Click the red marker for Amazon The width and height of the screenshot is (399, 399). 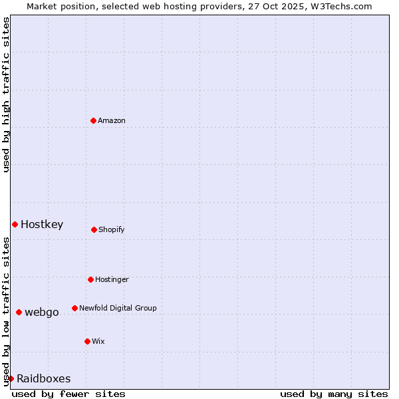click(93, 120)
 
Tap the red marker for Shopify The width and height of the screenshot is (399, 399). click(94, 229)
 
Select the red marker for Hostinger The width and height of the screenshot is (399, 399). click(90, 279)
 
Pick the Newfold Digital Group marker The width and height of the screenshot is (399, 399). click(74, 308)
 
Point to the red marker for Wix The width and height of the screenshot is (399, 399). click(87, 341)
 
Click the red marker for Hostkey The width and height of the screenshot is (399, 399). click(15, 224)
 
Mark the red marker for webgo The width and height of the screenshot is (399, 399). click(19, 312)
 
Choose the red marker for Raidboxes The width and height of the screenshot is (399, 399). click(11, 378)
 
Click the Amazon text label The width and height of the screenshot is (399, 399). click(112, 120)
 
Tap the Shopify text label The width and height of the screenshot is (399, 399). click(112, 229)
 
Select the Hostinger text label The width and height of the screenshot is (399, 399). click(112, 279)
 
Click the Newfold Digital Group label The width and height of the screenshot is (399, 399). click(118, 308)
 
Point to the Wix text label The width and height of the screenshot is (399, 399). click(98, 341)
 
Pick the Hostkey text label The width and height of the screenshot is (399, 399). click(42, 224)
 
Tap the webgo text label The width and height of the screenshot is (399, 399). click(42, 312)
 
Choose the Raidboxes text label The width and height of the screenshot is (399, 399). click(44, 378)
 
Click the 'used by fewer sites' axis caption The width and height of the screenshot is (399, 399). click(68, 394)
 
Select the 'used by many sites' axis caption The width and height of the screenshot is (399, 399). click(334, 394)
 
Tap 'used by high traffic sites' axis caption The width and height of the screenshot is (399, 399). click(6, 94)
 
